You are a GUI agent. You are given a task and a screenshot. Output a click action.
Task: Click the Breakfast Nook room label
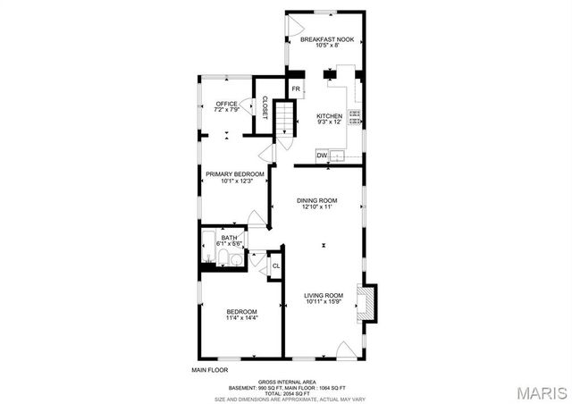pos(325,40)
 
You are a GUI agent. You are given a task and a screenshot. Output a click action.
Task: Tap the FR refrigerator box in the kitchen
pos(296,88)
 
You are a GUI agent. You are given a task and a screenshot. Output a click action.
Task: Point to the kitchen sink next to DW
pos(338,156)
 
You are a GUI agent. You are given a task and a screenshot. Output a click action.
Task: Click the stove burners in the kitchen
pos(355,114)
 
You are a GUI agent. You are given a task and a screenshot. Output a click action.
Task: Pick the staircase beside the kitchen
pos(283,116)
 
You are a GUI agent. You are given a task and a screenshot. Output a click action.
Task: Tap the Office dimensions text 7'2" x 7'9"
pos(227,111)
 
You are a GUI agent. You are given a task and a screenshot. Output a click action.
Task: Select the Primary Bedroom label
pos(235,173)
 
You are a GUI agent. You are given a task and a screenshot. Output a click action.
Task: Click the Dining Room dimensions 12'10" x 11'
pos(316,206)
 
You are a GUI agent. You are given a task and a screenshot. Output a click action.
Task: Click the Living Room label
pos(324,295)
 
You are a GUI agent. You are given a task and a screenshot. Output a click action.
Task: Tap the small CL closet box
pos(276,265)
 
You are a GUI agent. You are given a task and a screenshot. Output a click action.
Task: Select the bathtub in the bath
pos(207,241)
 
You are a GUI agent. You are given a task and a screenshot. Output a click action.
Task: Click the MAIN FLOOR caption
pos(209,369)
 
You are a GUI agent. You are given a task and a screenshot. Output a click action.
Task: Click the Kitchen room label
pos(329,116)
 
